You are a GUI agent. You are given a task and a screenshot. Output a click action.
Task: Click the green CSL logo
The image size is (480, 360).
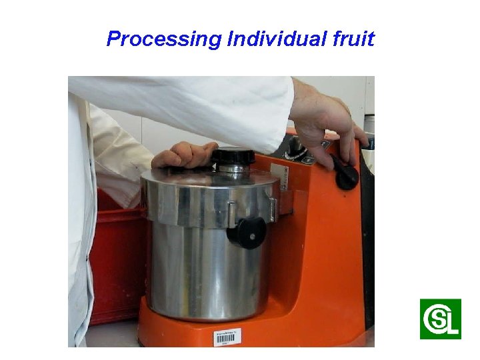coord(440,319)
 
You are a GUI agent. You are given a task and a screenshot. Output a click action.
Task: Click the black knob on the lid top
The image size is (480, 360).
coord(233,157)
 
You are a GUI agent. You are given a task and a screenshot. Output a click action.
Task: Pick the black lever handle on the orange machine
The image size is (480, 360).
coord(347,176)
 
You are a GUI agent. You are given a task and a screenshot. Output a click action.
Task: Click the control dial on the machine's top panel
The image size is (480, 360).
coord(295,151)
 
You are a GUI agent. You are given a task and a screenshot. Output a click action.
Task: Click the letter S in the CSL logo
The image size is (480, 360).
coord(438,319)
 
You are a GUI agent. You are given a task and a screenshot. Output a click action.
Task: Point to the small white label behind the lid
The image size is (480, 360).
coord(283,178)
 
